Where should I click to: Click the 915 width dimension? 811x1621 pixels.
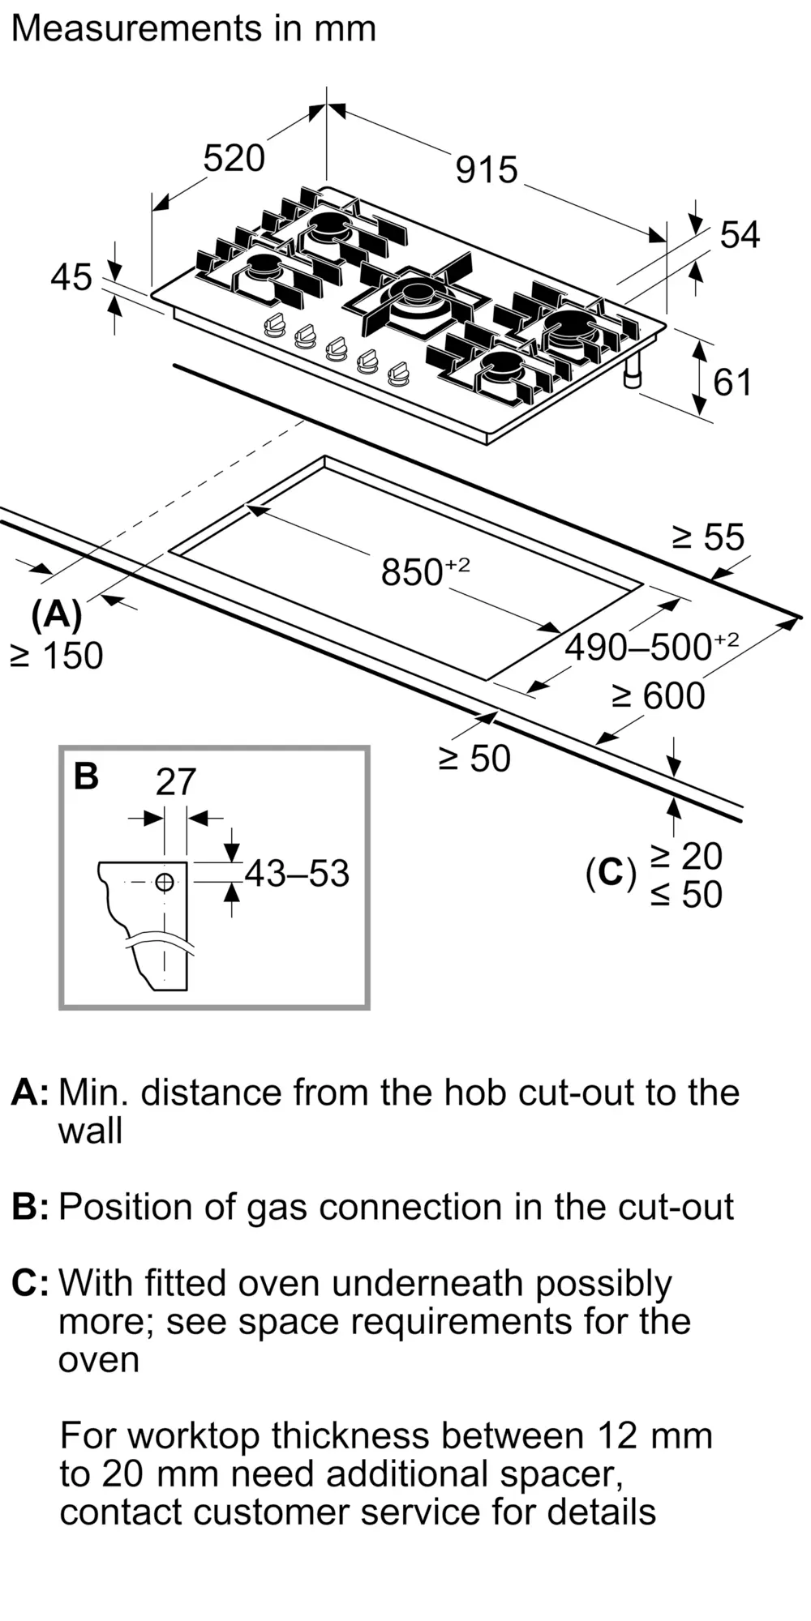(487, 170)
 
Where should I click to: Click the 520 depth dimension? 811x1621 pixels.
(234, 158)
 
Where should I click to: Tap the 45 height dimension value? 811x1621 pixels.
(71, 278)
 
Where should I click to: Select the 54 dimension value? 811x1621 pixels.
(740, 236)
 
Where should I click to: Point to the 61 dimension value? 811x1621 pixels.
(732, 383)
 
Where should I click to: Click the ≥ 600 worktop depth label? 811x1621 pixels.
(659, 695)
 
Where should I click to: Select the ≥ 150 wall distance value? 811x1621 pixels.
(57, 656)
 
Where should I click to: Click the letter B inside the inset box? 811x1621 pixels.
(86, 776)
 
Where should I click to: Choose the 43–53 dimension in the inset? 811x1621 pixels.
(297, 874)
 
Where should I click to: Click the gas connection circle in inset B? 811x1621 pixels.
(165, 882)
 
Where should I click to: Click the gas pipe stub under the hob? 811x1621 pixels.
(633, 372)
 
